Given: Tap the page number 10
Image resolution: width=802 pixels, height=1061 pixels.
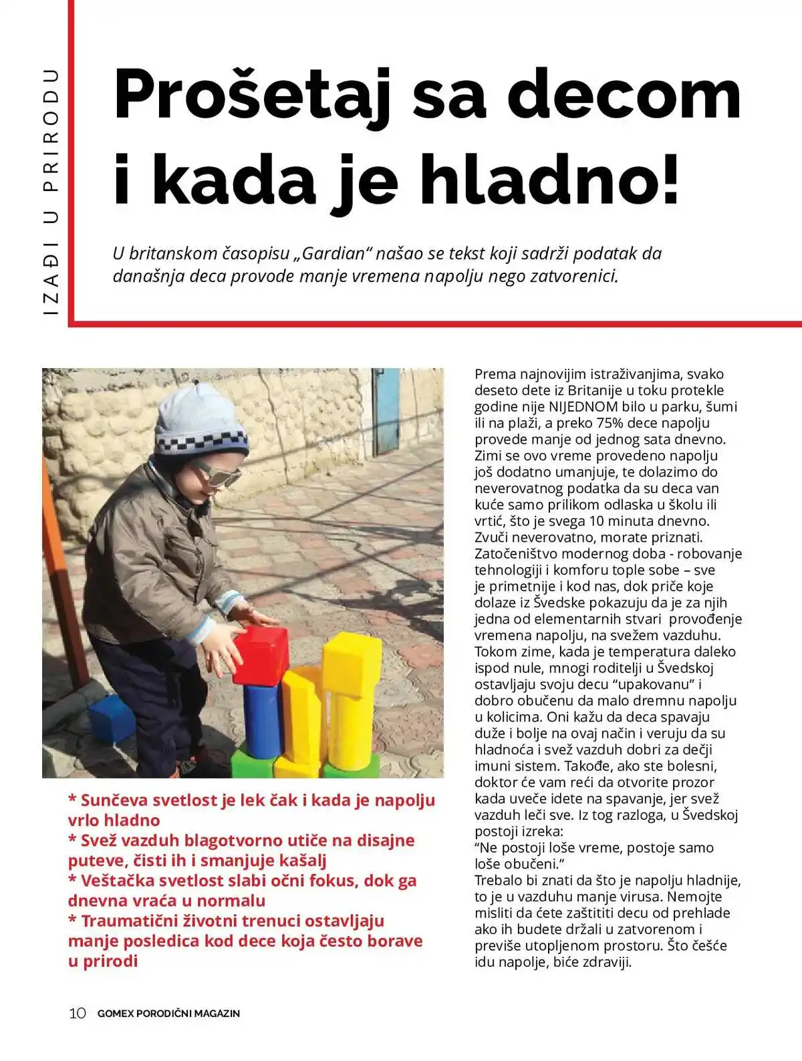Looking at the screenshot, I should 78,1013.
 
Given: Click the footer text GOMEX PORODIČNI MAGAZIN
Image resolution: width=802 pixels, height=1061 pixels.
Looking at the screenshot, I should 168,1014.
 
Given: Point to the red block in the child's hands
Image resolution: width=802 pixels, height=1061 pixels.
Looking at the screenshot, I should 261,656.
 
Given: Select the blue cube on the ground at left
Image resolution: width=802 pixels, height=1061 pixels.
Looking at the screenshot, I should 112,719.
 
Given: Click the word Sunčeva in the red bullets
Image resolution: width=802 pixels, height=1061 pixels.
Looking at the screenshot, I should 114,800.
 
